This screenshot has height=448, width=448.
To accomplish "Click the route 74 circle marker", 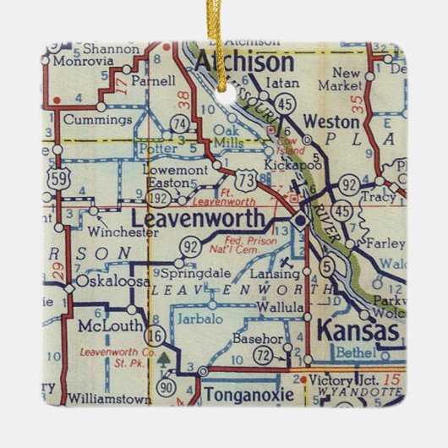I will (178, 124).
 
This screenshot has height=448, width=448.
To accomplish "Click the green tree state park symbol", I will (164, 358).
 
